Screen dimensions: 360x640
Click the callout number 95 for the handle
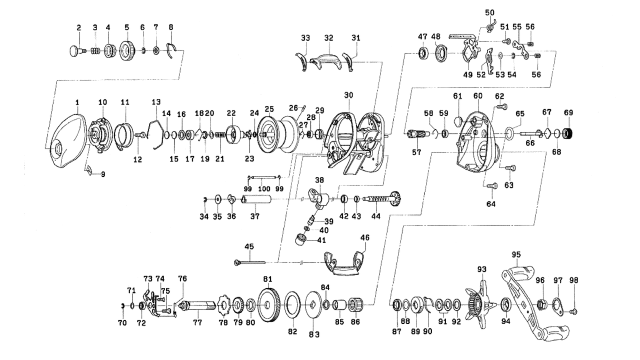[x=516, y=254]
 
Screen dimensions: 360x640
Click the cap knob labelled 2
[x=75, y=50]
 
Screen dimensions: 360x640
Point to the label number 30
[x=348, y=95]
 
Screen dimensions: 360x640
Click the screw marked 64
[x=490, y=185]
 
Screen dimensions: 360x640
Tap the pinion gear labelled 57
[x=416, y=135]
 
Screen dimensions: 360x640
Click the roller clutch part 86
[x=355, y=304]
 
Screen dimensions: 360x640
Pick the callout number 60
[x=477, y=95]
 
